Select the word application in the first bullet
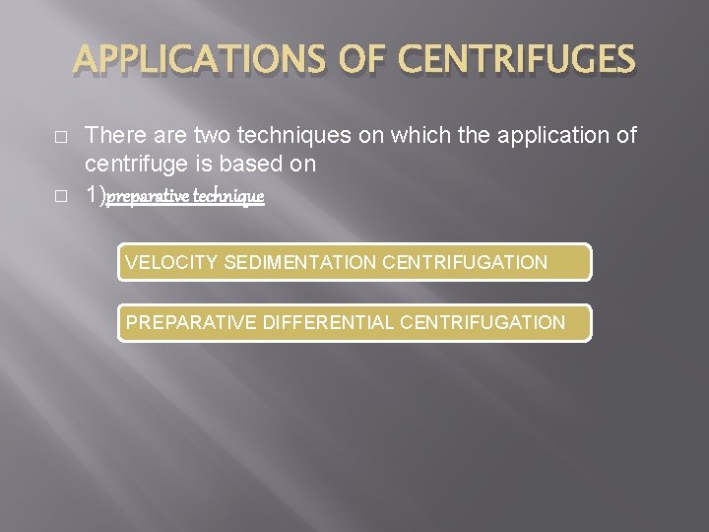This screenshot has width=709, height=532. pyautogui.click(x=554, y=135)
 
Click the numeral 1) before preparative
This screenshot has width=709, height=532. pyautogui.click(x=96, y=196)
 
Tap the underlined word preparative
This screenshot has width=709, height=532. pyautogui.click(x=148, y=196)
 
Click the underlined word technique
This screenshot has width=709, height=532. pyautogui.click(x=228, y=196)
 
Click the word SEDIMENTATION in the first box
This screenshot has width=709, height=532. pyautogui.click(x=299, y=262)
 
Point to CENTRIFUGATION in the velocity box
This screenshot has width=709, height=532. pyautogui.click(x=464, y=262)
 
